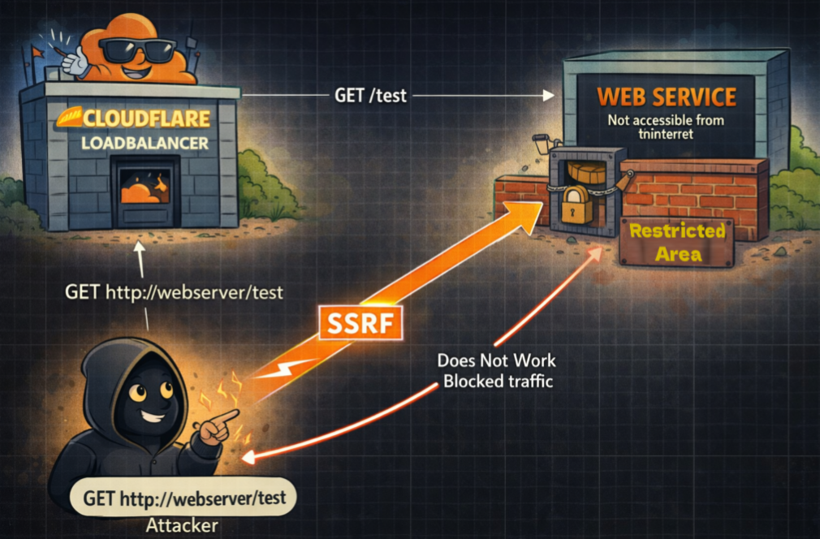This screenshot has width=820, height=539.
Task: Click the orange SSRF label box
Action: (x=358, y=324)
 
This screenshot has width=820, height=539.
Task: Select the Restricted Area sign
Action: (x=677, y=243)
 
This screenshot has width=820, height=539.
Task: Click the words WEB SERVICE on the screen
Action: (x=667, y=97)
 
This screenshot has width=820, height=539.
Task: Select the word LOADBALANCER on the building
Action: (x=145, y=144)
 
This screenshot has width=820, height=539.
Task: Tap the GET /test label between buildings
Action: (x=370, y=95)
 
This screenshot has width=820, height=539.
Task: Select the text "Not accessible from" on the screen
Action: (x=666, y=121)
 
